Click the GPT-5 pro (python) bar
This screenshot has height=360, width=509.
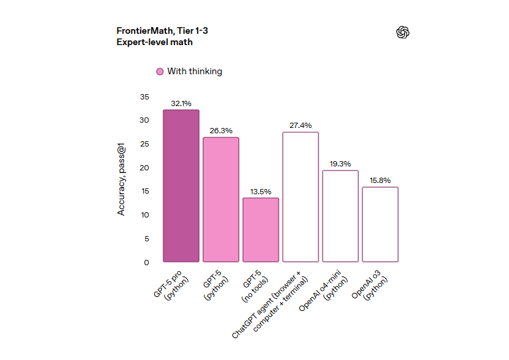(181, 186)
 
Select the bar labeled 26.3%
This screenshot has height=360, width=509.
(221, 200)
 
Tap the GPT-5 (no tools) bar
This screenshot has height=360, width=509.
(261, 229)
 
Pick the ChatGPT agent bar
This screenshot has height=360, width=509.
(301, 197)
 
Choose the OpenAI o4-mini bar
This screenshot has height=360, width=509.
(340, 216)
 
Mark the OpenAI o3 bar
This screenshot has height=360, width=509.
(380, 224)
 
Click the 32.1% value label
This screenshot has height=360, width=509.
(181, 103)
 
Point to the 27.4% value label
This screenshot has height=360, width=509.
(301, 125)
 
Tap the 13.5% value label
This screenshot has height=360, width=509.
(261, 192)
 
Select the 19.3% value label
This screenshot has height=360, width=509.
(340, 164)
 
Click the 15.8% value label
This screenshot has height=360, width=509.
(380, 180)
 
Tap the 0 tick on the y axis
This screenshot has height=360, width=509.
(146, 263)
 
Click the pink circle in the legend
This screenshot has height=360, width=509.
(160, 72)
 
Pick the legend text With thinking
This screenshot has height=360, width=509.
(194, 72)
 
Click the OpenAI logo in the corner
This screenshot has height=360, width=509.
(403, 32)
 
